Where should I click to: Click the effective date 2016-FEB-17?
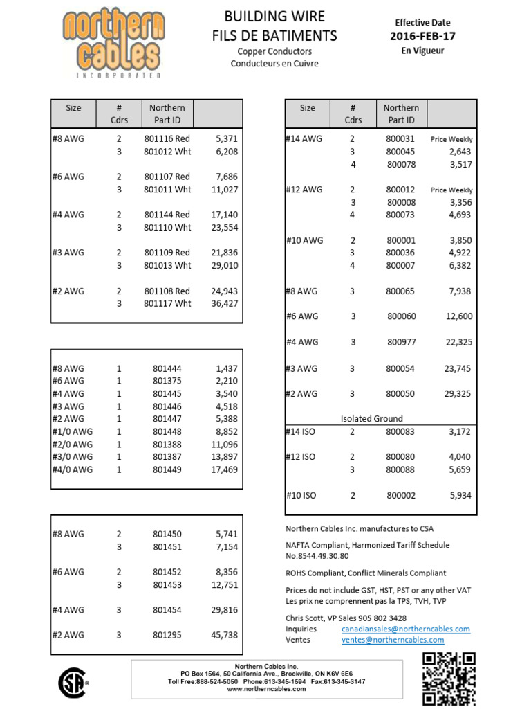pyautogui.click(x=425, y=37)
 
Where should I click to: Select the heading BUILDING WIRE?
pyautogui.click(x=274, y=17)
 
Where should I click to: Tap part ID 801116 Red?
pyautogui.click(x=167, y=139)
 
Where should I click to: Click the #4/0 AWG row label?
pyautogui.click(x=73, y=469)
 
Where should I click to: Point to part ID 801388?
pyautogui.click(x=167, y=445)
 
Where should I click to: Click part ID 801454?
pyautogui.click(x=167, y=610)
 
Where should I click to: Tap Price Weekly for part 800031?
pyautogui.click(x=451, y=139)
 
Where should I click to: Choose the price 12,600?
pyautogui.click(x=459, y=316)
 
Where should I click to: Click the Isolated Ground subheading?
pyautogui.click(x=372, y=418)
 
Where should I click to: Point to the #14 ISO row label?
pyautogui.click(x=300, y=431)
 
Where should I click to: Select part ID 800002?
pyautogui.click(x=401, y=495)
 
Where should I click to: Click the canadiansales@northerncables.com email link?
pyautogui.click(x=406, y=629)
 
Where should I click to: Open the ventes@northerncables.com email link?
pyautogui.click(x=393, y=640)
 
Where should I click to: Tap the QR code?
pyautogui.click(x=449, y=678)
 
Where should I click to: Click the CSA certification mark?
pyautogui.click(x=71, y=681)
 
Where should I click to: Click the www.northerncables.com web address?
pyautogui.click(x=266, y=689)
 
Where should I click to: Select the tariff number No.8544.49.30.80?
pyautogui.click(x=317, y=555)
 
